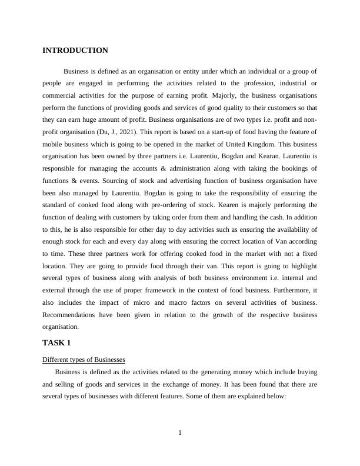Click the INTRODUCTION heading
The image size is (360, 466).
coord(75,51)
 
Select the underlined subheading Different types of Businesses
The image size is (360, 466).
coord(84,360)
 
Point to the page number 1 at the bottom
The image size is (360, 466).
coord(180,434)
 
